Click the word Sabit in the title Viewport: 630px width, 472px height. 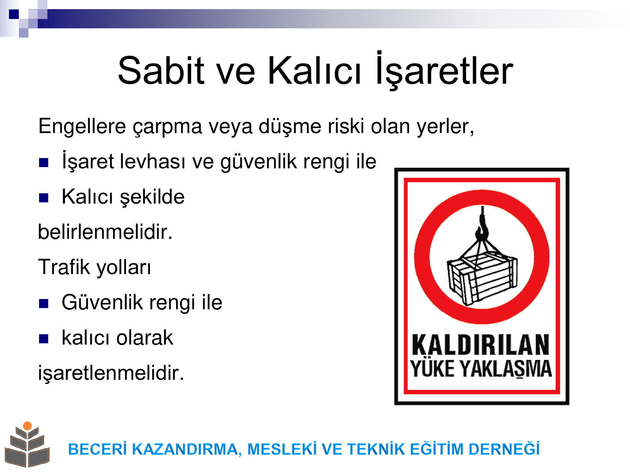pyautogui.click(x=161, y=70)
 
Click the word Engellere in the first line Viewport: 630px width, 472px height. pyautogui.click(x=82, y=126)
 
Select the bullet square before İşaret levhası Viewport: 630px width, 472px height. pyautogui.click(x=43, y=163)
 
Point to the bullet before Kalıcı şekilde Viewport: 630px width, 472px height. pyautogui.click(x=43, y=198)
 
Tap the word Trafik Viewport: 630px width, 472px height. pyautogui.click(x=64, y=267)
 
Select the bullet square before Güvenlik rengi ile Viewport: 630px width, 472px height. pyautogui.click(x=43, y=304)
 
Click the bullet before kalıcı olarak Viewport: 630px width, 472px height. pyautogui.click(x=43, y=339)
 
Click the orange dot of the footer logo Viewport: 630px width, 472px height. pyautogui.click(x=27, y=426)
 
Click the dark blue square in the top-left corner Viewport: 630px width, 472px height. pyautogui.click(x=14, y=14)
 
